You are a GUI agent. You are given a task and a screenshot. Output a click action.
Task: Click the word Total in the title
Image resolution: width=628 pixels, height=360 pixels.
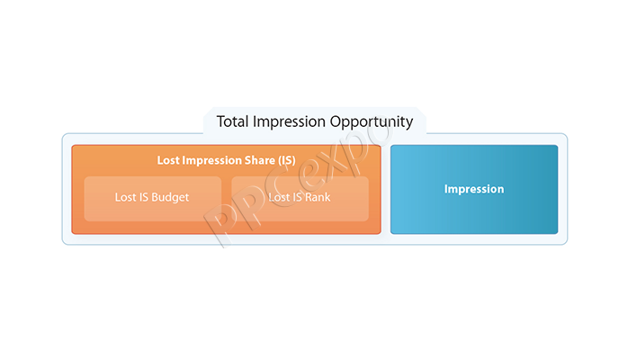point(232,121)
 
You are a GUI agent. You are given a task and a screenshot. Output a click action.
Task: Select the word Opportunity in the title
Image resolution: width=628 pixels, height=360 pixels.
point(372,122)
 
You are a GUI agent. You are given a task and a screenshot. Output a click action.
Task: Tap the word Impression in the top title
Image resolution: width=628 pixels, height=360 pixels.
point(289,122)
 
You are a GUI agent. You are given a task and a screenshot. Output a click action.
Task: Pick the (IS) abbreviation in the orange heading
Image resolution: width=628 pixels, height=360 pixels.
point(287,160)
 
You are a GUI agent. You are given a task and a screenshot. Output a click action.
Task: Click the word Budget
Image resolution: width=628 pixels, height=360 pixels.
point(170,197)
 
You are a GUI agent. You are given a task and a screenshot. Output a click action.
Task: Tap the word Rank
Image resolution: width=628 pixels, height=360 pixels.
point(318,197)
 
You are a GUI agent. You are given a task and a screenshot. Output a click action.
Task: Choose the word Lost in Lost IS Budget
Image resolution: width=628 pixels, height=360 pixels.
point(125,197)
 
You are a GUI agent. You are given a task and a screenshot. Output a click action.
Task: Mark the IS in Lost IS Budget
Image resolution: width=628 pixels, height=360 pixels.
point(144,197)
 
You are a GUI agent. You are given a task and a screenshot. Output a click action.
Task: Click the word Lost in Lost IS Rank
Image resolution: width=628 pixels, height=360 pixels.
point(279,197)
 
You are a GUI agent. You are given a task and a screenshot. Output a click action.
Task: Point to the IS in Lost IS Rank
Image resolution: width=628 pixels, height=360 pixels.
point(297,197)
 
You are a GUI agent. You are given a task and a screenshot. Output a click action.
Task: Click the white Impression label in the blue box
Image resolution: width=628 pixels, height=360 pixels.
point(474,189)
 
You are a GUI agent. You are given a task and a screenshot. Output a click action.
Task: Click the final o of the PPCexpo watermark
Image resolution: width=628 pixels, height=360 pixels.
point(375,132)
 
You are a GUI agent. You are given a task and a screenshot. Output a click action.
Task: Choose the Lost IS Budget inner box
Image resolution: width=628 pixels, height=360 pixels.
point(153,199)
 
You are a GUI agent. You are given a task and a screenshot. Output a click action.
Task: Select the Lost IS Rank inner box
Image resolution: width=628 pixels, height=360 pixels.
point(300,199)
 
